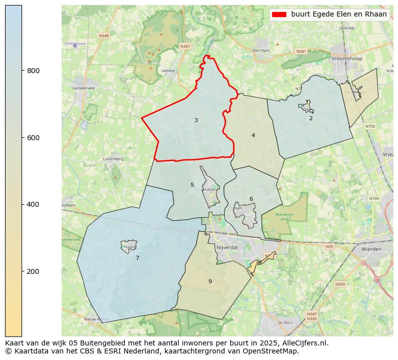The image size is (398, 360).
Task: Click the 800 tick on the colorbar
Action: pos(22,71)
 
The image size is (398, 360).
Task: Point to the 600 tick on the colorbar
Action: pos(22,138)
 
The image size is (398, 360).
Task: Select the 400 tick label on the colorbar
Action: pos(33,204)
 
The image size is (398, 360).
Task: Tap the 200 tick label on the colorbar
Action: pos(33,271)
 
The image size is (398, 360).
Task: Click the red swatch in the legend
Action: pos(279,15)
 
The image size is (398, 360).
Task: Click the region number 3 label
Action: pos(196,120)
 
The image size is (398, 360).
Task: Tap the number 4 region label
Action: pos(253,135)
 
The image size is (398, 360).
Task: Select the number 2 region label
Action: pos(311,118)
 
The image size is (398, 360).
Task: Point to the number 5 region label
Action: pos(192,185)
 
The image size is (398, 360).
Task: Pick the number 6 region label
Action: pos(251,199)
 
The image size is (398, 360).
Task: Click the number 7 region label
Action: pos(137,258)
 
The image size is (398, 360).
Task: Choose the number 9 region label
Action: pos(210,281)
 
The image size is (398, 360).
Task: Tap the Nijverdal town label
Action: pos(227,247)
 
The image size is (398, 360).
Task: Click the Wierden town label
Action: pos(371,249)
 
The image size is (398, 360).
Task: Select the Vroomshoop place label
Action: pos(345,59)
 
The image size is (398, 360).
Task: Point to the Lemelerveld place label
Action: pos(84,88)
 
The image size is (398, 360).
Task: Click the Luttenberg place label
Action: pos(113,159)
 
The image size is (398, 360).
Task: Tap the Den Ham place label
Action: pos(261,51)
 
